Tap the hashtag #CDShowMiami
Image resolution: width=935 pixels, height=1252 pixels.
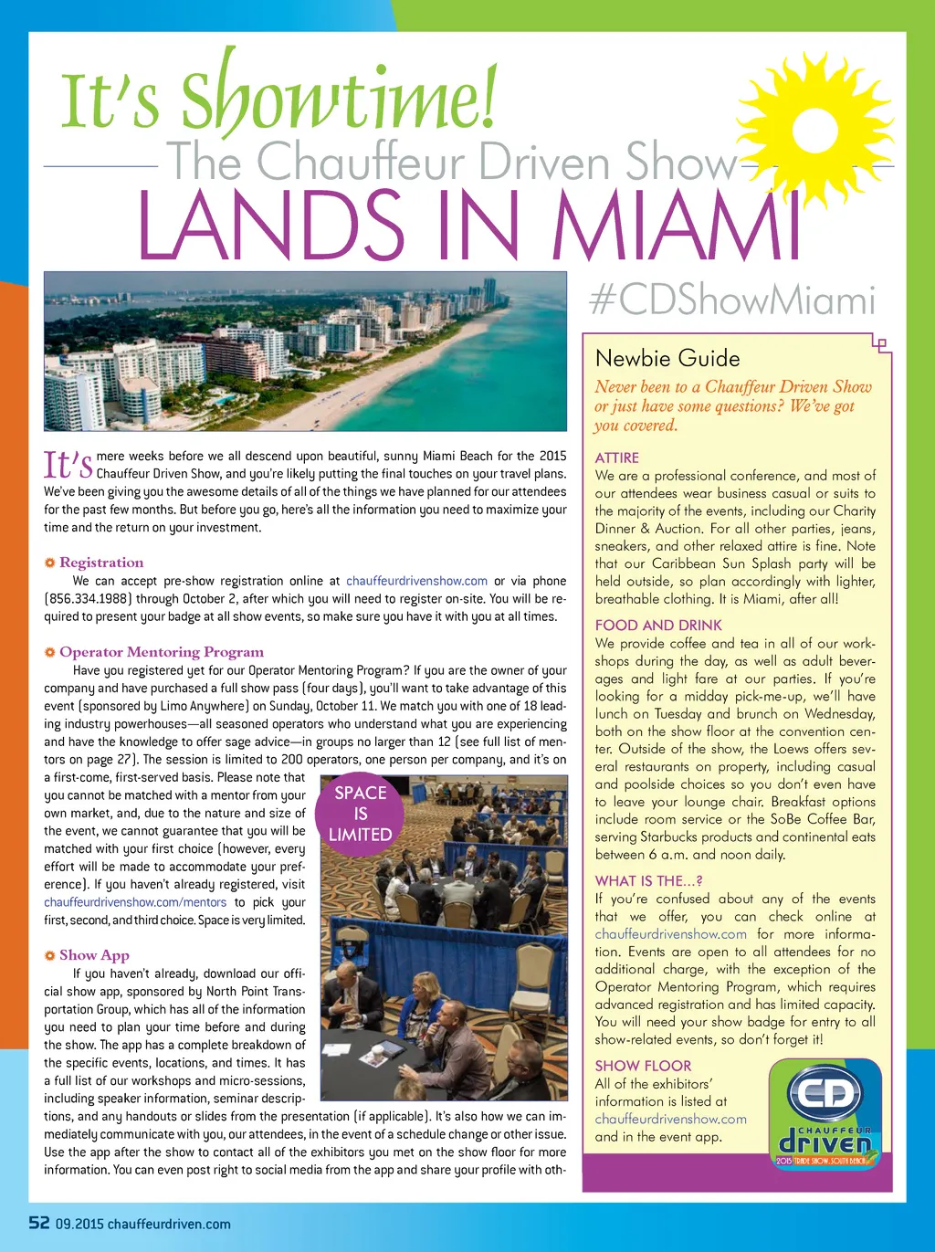(x=732, y=300)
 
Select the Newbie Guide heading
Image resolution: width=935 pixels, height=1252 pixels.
(x=667, y=359)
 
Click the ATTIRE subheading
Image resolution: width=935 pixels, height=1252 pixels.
(x=617, y=458)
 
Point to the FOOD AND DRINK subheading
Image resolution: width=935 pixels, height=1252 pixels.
(x=658, y=626)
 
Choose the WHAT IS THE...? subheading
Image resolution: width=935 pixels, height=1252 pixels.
(x=648, y=881)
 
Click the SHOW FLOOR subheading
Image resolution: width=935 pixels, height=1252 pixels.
(x=643, y=1066)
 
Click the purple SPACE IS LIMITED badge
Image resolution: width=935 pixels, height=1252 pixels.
(x=361, y=814)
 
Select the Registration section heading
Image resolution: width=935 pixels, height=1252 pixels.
(x=101, y=563)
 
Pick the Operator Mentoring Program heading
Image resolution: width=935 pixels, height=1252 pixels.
(x=162, y=652)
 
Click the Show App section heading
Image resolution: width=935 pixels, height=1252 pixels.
(x=94, y=955)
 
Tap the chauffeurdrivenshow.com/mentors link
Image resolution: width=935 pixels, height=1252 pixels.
(x=135, y=902)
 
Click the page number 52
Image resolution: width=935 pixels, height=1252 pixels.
(x=38, y=1223)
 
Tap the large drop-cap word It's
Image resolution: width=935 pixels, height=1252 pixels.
(x=68, y=466)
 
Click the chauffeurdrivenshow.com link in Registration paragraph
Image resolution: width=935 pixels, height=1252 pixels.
(x=416, y=581)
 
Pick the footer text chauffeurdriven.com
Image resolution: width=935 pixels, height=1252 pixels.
(x=169, y=1224)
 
